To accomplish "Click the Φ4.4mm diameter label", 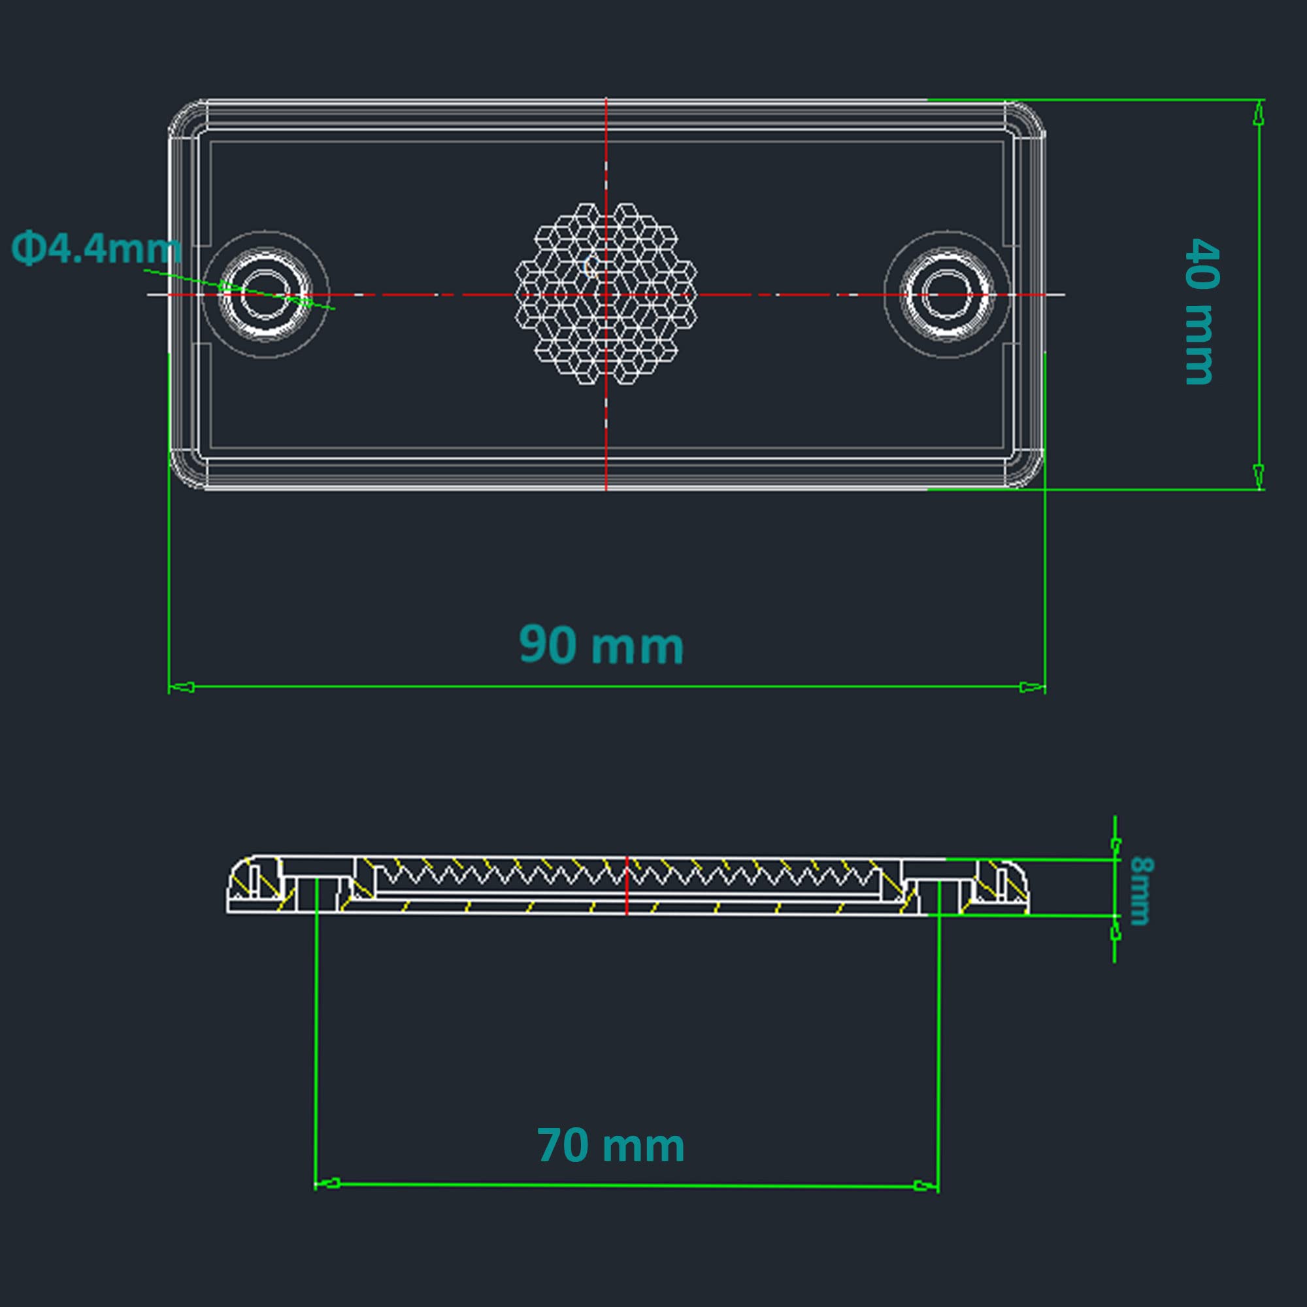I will coord(96,248).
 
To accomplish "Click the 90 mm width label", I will coord(601,646).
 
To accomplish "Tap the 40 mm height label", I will coord(1202,310).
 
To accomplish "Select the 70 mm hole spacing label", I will coord(610,1146).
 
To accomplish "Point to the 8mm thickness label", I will coord(1140,890).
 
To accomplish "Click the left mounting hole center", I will coord(266,295).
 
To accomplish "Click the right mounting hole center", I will coord(947,295).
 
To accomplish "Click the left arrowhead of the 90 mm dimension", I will coord(181,687).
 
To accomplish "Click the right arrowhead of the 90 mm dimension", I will coord(1033,687).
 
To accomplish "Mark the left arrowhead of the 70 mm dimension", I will coord(328,1184).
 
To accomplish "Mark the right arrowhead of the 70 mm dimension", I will coord(925,1185).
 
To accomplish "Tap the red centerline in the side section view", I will coord(627,885).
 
